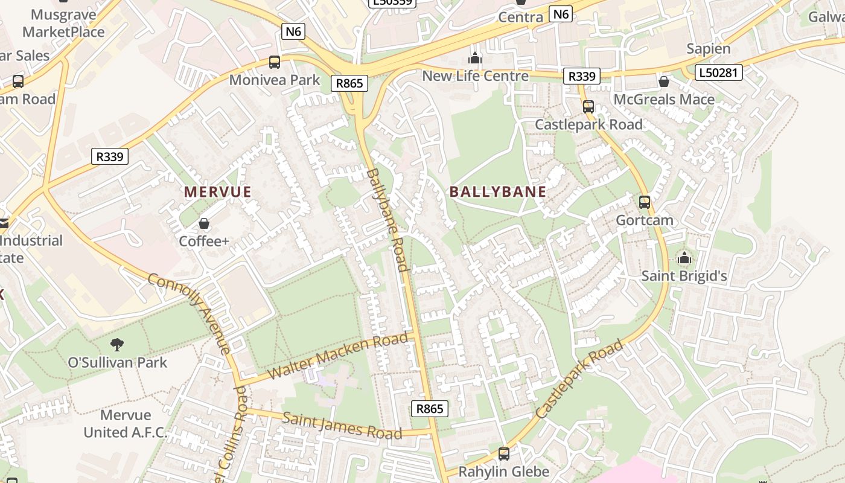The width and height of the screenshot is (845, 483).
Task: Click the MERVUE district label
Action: [217, 192]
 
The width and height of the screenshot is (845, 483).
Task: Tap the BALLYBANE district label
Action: [498, 192]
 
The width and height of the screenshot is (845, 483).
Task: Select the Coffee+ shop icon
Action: [204, 224]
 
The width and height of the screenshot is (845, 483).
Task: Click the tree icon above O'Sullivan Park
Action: [117, 345]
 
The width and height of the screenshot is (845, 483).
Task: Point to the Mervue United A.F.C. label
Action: [126, 424]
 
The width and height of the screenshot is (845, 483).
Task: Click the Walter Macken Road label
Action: [337, 356]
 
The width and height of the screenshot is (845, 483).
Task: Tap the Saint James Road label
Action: [342, 426]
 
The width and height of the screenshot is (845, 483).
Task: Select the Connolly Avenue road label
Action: [188, 313]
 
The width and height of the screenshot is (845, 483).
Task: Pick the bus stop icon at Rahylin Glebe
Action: [504, 453]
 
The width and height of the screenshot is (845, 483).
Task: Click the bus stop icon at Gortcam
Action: [645, 202]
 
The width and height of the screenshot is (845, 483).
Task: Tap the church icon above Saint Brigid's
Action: [684, 258]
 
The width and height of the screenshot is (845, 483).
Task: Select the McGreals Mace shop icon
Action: [664, 81]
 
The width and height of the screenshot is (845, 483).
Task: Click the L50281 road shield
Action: [718, 73]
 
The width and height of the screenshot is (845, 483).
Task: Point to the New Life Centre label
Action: [475, 76]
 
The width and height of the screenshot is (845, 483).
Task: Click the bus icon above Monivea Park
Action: [275, 62]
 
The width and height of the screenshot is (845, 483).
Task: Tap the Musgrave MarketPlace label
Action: [63, 23]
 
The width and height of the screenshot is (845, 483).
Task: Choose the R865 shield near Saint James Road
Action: [430, 409]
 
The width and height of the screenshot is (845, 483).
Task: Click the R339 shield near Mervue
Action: [110, 157]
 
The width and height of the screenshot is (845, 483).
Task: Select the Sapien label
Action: [709, 49]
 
